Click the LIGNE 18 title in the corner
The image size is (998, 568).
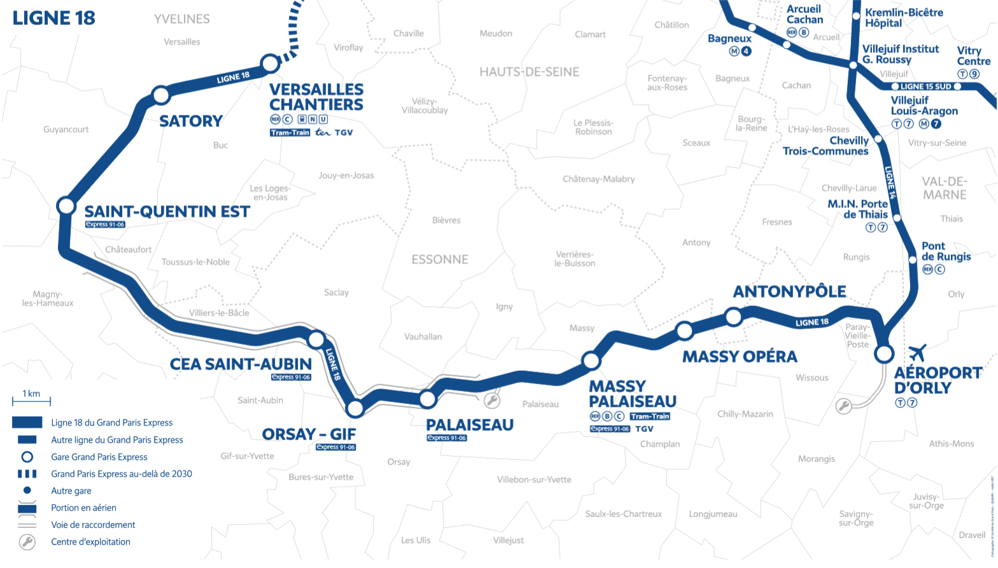54,18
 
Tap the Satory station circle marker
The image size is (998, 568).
161,95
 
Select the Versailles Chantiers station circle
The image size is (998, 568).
270,63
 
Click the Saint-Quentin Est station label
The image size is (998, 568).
167,211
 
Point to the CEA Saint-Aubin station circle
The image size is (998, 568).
316,339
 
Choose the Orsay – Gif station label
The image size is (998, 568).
309,434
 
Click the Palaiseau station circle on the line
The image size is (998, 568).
427,399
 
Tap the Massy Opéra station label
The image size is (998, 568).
739,357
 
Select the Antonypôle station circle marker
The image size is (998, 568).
733,316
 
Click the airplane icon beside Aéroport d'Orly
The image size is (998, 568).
917,352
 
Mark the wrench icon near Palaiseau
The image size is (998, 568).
491,400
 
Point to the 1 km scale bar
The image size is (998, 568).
31,401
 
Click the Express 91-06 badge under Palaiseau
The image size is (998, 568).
446,438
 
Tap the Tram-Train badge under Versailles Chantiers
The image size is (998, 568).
290,133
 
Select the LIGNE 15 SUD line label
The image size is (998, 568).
925,87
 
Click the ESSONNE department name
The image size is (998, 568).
440,260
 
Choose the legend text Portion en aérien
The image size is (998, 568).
83,508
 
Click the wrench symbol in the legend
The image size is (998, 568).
27,542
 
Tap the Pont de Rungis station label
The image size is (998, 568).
946,251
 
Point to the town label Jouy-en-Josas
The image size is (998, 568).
346,176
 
